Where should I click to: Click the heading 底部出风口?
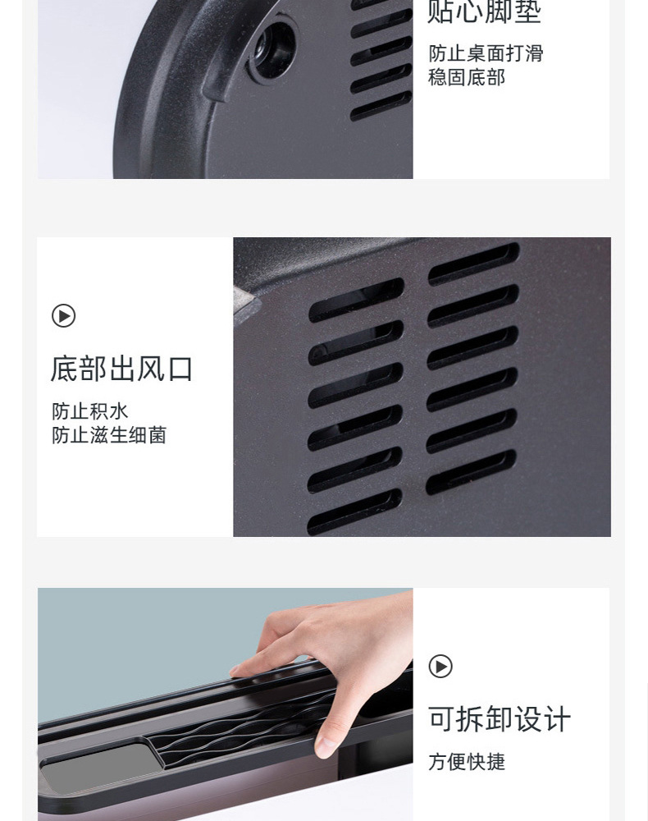[121, 369]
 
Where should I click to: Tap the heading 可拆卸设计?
[499, 719]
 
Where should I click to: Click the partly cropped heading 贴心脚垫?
[484, 12]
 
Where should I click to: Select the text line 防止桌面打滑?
[486, 53]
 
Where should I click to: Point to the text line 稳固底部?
[467, 77]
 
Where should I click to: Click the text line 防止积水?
[90, 411]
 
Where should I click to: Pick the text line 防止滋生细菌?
[109, 435]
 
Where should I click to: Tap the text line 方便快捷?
[467, 762]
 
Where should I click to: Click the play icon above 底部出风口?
[63, 316]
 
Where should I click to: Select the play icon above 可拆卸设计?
[440, 667]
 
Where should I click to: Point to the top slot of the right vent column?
[473, 264]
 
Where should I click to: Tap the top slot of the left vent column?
[356, 300]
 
